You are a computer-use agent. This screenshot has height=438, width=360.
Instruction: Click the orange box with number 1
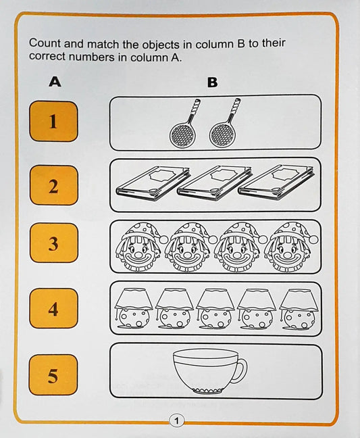53,122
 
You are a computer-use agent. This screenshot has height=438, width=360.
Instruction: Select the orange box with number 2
53,186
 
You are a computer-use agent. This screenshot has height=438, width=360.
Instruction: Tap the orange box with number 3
53,243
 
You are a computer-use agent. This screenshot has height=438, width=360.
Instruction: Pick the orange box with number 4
53,309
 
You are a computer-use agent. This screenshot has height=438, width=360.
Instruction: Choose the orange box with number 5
53,374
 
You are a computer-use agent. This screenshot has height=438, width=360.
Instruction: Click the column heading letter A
55,82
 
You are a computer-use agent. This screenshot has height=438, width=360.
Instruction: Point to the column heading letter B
212,83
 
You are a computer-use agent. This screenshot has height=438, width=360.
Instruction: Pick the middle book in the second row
209,184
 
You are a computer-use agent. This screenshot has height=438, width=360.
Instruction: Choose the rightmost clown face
286,248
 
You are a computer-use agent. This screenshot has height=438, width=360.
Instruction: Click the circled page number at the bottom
176,421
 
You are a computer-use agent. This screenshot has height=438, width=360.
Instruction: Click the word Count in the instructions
44,43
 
